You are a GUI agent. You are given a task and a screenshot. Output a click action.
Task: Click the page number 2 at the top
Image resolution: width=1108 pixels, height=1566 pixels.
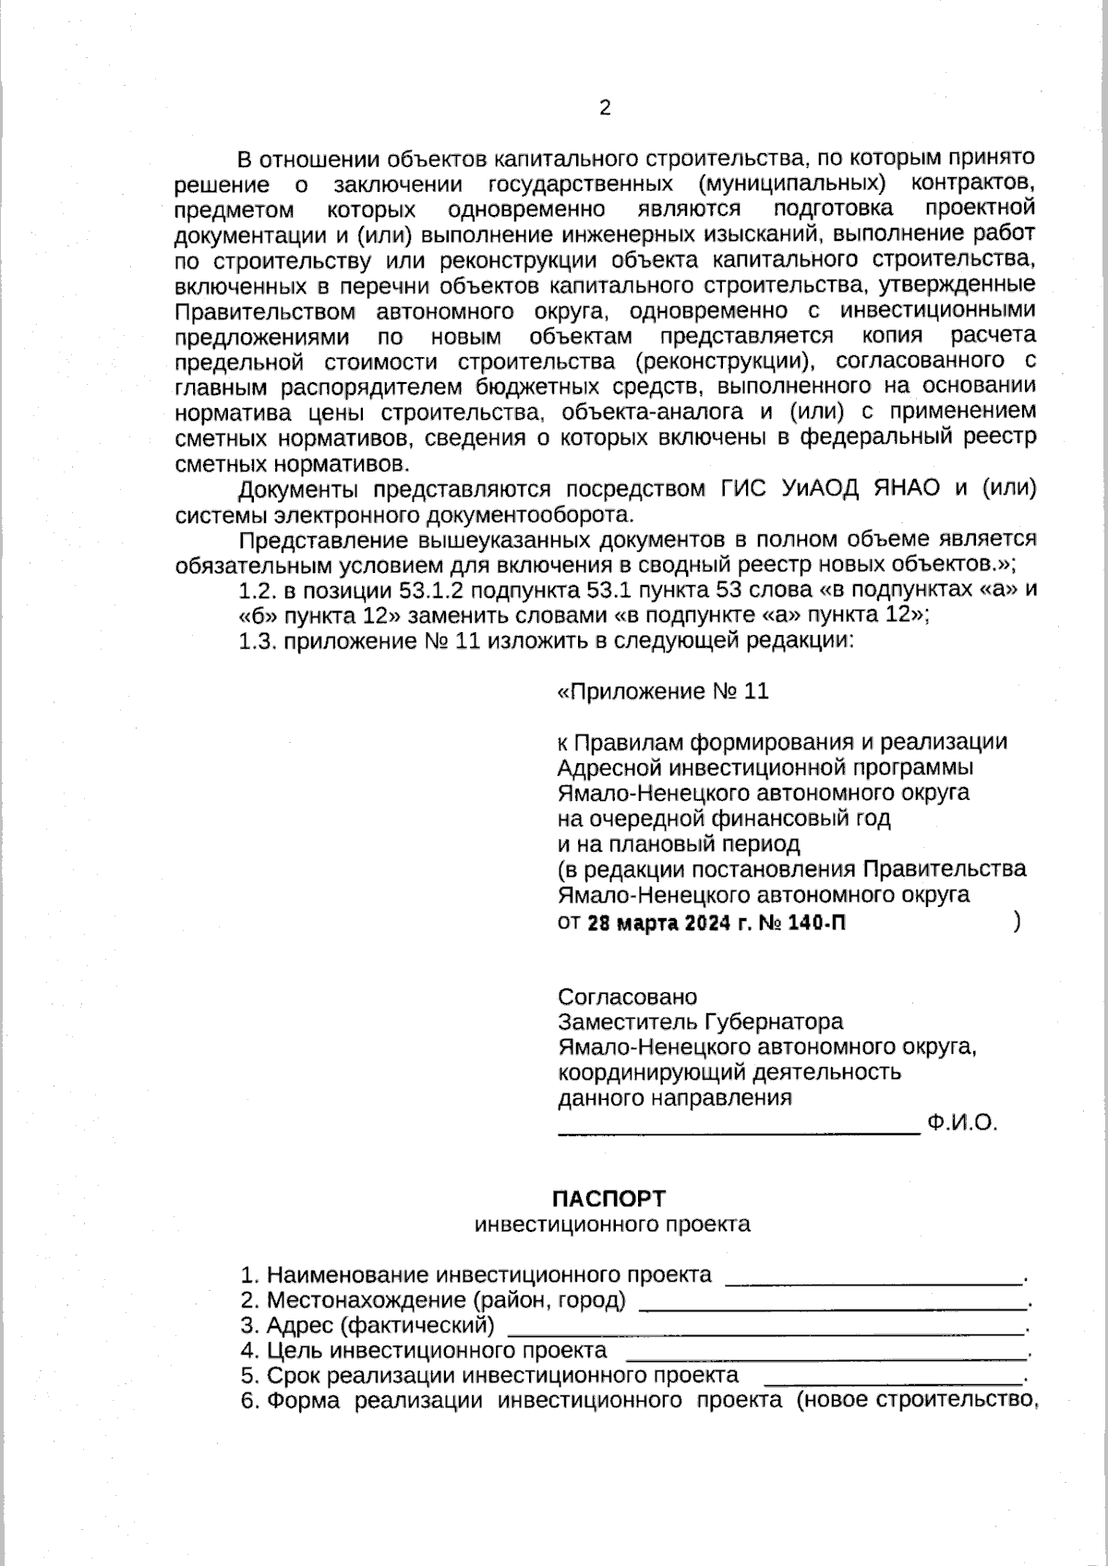pyautogui.click(x=605, y=109)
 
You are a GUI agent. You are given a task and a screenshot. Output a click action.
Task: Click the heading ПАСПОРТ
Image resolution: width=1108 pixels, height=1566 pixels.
pyautogui.click(x=608, y=1198)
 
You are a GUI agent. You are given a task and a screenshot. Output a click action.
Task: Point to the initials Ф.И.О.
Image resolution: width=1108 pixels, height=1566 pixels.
pyautogui.click(x=964, y=1123)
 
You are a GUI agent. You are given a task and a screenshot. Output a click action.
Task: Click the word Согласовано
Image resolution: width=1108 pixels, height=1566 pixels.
pyautogui.click(x=628, y=997)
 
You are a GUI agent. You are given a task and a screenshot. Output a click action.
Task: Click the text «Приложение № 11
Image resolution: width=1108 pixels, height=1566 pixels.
pyautogui.click(x=663, y=692)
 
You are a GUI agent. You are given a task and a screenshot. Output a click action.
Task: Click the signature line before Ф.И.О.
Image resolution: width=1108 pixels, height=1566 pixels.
pyautogui.click(x=739, y=1130)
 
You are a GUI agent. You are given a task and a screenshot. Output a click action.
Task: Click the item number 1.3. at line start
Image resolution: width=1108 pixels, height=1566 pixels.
pyautogui.click(x=258, y=641)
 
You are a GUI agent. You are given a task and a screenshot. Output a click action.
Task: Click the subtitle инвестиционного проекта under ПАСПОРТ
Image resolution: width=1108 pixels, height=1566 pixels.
pyautogui.click(x=612, y=1225)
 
